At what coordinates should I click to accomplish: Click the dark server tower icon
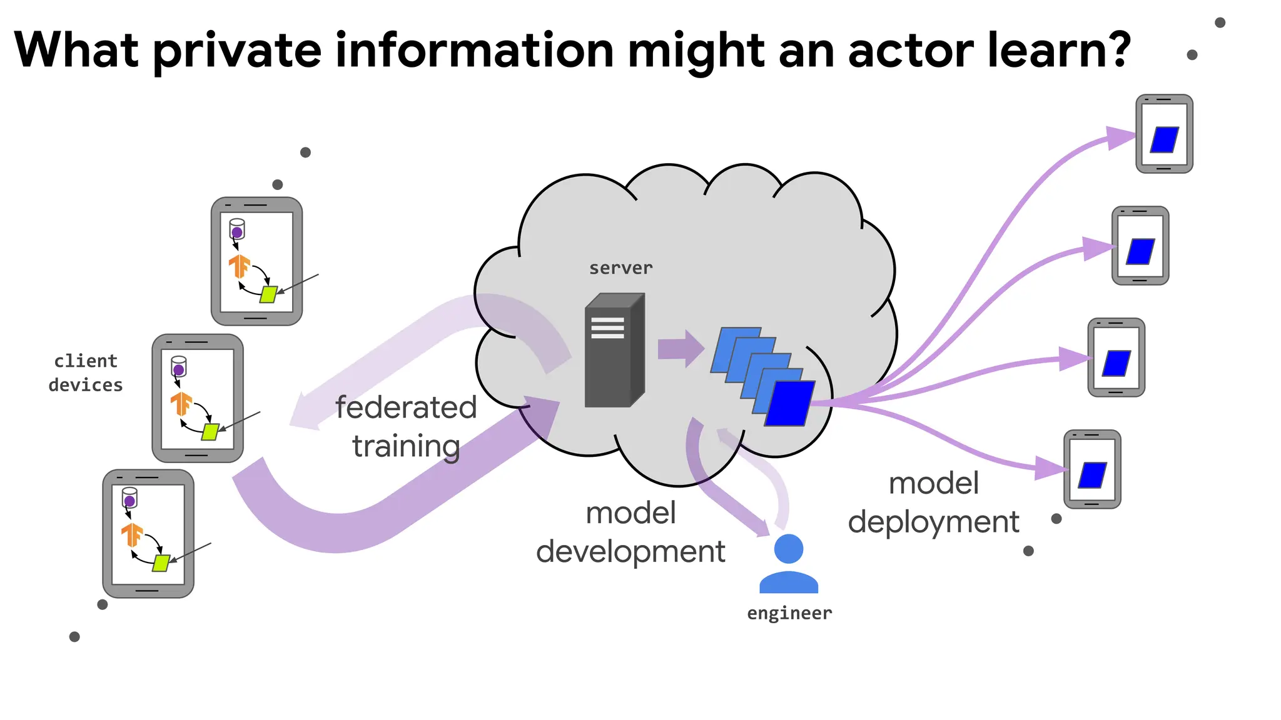coord(614,351)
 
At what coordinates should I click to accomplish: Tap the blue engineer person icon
coord(788,564)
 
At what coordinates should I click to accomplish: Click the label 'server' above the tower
coord(620,268)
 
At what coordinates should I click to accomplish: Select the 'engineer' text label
coord(789,613)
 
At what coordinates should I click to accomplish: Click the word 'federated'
coord(406,407)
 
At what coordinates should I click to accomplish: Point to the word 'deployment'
coord(933,522)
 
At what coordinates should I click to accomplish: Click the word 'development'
coord(630,552)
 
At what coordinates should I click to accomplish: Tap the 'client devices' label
coord(86,373)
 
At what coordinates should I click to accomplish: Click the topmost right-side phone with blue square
coord(1164,134)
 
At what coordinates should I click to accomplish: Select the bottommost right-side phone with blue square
coord(1092,469)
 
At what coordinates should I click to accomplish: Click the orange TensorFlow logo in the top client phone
coord(239,266)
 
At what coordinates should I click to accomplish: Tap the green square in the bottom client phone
coord(161,562)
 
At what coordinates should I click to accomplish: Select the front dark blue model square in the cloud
coord(790,404)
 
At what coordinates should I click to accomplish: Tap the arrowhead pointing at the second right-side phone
coord(1098,249)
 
